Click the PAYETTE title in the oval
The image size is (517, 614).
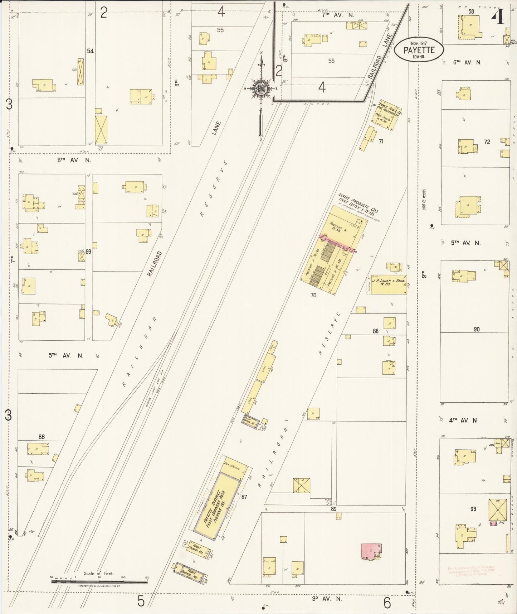419,50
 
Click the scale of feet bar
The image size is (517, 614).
99,581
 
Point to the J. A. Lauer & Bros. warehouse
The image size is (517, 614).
388,284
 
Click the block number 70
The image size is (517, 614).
313,296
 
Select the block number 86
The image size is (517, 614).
42,437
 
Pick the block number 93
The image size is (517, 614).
473,509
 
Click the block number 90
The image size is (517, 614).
477,329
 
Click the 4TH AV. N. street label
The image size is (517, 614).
463,421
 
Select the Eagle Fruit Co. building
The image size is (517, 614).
387,115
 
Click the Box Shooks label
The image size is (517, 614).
231,467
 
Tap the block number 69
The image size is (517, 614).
88,251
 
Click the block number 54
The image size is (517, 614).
90,51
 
